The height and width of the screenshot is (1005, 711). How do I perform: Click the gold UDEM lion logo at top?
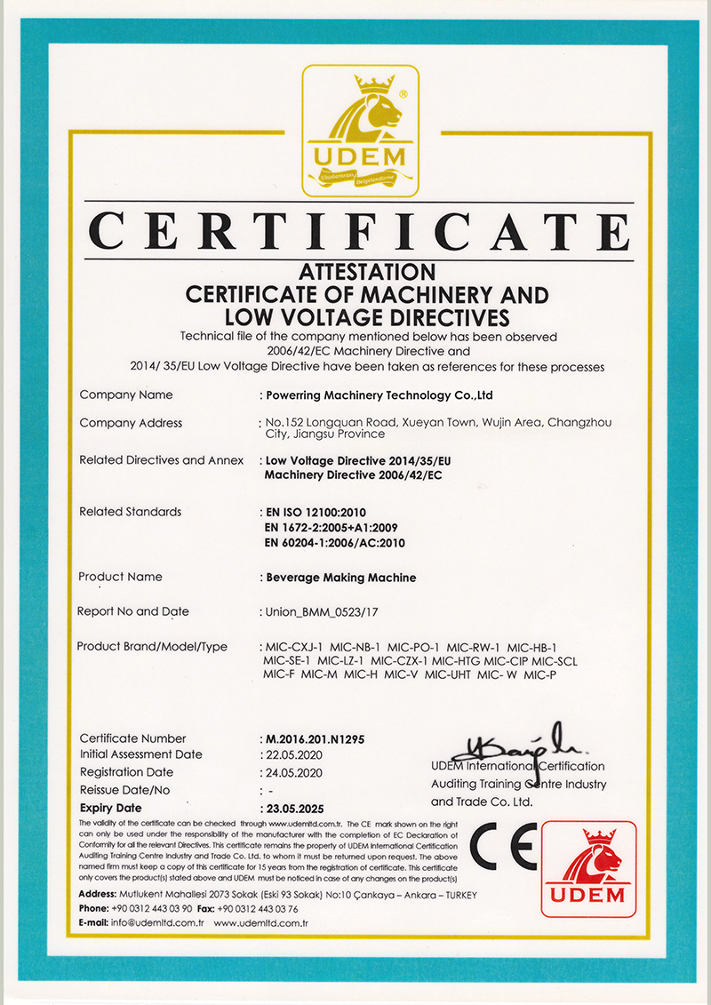(360, 131)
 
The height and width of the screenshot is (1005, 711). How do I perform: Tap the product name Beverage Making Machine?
(341, 578)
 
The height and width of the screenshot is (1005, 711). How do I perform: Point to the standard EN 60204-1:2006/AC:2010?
(335, 542)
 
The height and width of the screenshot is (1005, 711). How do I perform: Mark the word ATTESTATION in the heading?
(366, 271)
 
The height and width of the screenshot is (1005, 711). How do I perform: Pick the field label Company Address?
(131, 423)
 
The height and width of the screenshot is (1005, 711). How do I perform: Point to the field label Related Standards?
(130, 512)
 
